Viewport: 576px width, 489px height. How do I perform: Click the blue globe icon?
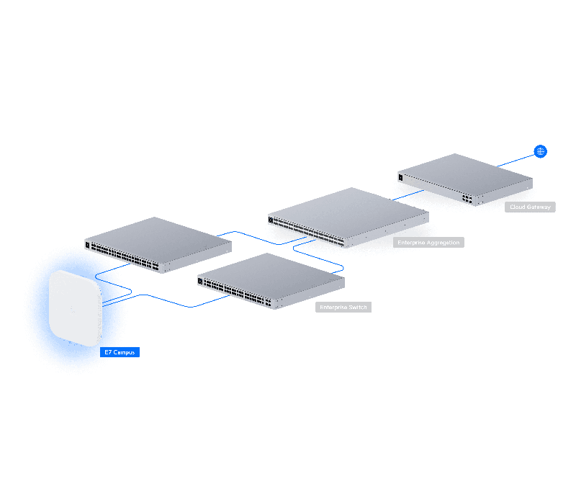pyautogui.click(x=540, y=151)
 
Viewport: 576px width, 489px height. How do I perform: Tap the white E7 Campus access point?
pyautogui.click(x=76, y=308)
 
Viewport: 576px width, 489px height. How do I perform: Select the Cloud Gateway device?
pyautogui.click(x=465, y=179)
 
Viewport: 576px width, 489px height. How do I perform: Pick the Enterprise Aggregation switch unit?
pyautogui.click(x=348, y=217)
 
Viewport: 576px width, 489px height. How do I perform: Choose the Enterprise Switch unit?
pyautogui.click(x=271, y=281)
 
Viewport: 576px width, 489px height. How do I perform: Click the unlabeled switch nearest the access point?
pyautogui.click(x=158, y=245)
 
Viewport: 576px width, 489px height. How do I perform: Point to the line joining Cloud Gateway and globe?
pyautogui.click(x=516, y=161)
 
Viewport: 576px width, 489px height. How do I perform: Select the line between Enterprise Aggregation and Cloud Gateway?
pyautogui.click(x=408, y=195)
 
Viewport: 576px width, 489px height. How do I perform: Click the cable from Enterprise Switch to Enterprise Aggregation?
pyautogui.click(x=318, y=256)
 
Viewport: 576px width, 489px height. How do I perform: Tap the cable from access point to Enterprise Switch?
pyautogui.click(x=166, y=300)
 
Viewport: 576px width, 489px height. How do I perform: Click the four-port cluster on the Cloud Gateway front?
pyautogui.click(x=467, y=199)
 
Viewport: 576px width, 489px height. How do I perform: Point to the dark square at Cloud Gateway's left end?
pyautogui.click(x=400, y=177)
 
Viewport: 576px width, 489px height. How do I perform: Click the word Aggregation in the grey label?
pyautogui.click(x=443, y=243)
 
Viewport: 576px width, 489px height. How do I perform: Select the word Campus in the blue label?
pyautogui.click(x=124, y=352)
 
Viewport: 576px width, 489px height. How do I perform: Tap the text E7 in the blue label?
pyautogui.click(x=108, y=352)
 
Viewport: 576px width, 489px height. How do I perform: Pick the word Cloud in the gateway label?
pyautogui.click(x=518, y=207)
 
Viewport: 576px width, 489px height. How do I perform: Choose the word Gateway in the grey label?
pyautogui.click(x=539, y=207)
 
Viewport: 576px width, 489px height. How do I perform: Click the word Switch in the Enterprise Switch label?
pyautogui.click(x=358, y=307)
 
